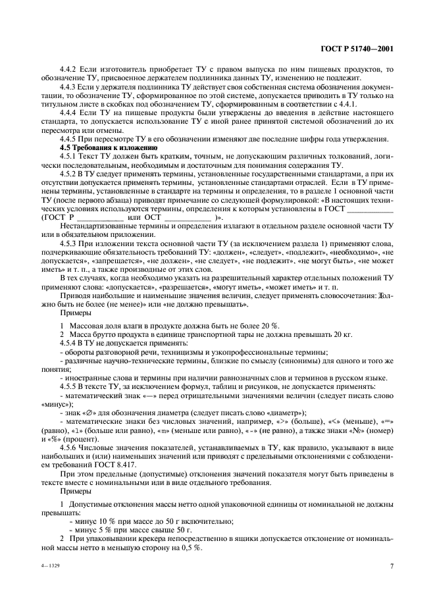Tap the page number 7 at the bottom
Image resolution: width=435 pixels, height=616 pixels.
(x=392, y=566)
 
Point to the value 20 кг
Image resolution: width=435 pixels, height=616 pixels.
(x=343, y=334)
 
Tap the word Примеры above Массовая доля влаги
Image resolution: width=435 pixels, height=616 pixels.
(x=74, y=314)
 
